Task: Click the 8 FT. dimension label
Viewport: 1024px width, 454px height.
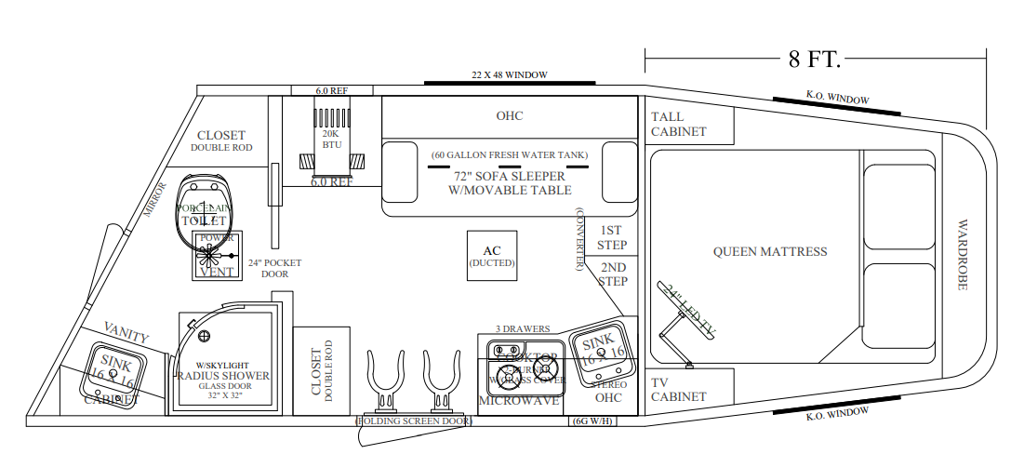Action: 815,60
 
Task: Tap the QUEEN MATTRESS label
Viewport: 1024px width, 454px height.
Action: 770,251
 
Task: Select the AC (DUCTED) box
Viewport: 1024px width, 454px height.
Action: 492,256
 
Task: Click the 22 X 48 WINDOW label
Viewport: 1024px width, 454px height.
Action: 509,74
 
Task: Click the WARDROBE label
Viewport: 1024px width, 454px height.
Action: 963,255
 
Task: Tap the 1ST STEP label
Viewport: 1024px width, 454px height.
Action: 612,237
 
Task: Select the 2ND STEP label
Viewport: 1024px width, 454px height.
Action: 612,274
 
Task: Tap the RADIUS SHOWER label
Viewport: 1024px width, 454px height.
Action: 223,376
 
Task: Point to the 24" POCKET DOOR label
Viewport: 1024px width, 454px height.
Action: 275,268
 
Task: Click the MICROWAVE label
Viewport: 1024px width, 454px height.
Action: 519,401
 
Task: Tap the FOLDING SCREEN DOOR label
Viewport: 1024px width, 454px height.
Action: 414,421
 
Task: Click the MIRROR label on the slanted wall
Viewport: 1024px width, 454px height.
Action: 154,201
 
